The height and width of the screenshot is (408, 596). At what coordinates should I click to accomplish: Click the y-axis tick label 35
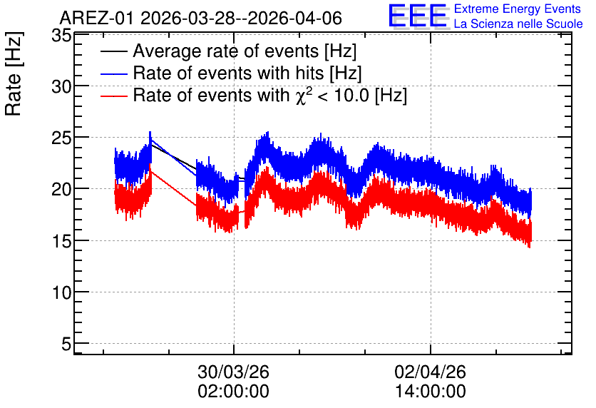coord(61,36)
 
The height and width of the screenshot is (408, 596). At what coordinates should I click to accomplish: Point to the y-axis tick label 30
coord(61,87)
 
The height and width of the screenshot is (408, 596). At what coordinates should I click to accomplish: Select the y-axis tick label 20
coord(61,189)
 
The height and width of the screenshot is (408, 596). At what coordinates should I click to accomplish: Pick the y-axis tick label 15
coord(61,241)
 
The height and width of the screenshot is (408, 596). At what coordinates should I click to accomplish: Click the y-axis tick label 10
coord(61,292)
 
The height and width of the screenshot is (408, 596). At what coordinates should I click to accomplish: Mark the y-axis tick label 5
coord(66,344)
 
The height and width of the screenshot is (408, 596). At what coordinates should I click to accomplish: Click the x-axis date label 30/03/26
coord(233,372)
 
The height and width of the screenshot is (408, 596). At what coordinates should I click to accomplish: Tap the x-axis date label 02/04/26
coord(431,372)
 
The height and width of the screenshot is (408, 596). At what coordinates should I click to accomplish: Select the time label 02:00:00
coord(233,392)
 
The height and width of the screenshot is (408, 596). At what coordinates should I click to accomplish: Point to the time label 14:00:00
coord(431,392)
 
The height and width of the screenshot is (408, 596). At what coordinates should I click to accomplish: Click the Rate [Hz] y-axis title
coord(14,73)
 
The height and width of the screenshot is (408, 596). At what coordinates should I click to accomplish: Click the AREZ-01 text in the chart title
coord(97,19)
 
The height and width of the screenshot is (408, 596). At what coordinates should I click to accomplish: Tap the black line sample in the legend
coord(113,51)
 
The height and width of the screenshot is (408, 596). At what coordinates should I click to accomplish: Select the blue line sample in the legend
coord(113,73)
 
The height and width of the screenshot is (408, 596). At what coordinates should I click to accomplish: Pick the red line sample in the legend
coord(113,96)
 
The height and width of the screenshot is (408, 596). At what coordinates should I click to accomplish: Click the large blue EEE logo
coord(418,16)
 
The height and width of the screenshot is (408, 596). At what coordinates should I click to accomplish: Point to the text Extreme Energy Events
coord(518,9)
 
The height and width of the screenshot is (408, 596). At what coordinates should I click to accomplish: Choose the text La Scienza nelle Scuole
coord(518,24)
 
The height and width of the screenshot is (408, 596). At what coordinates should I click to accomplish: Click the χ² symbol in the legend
coord(304,95)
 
